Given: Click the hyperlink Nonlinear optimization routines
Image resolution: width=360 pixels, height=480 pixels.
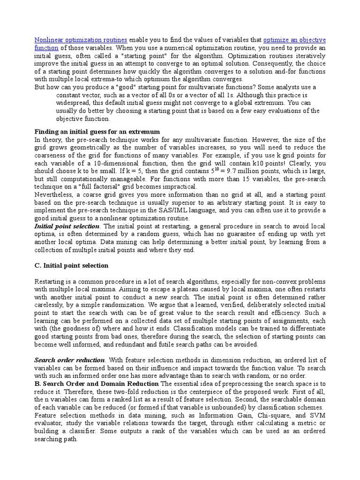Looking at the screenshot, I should point(81,40).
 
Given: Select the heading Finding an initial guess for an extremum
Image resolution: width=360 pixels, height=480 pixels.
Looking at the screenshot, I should point(97,131).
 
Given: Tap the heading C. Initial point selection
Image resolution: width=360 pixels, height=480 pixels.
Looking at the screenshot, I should point(72,265).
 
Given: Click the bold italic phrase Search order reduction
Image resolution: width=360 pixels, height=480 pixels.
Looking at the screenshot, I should point(69,360).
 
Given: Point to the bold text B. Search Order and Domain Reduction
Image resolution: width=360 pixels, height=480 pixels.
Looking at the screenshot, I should point(97,384).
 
